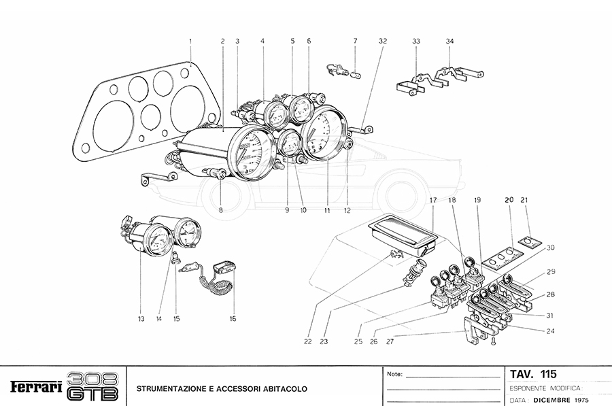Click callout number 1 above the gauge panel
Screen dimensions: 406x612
tap(190, 41)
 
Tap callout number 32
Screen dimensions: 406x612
tap(383, 41)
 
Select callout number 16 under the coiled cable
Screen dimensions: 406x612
tap(233, 318)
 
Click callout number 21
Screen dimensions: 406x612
tap(523, 200)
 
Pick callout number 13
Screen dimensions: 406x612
tap(141, 318)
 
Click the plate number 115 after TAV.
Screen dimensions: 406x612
tap(547, 374)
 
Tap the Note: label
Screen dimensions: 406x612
tap(394, 375)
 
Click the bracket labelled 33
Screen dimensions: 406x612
tap(412, 84)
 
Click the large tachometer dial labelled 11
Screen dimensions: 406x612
tap(323, 135)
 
